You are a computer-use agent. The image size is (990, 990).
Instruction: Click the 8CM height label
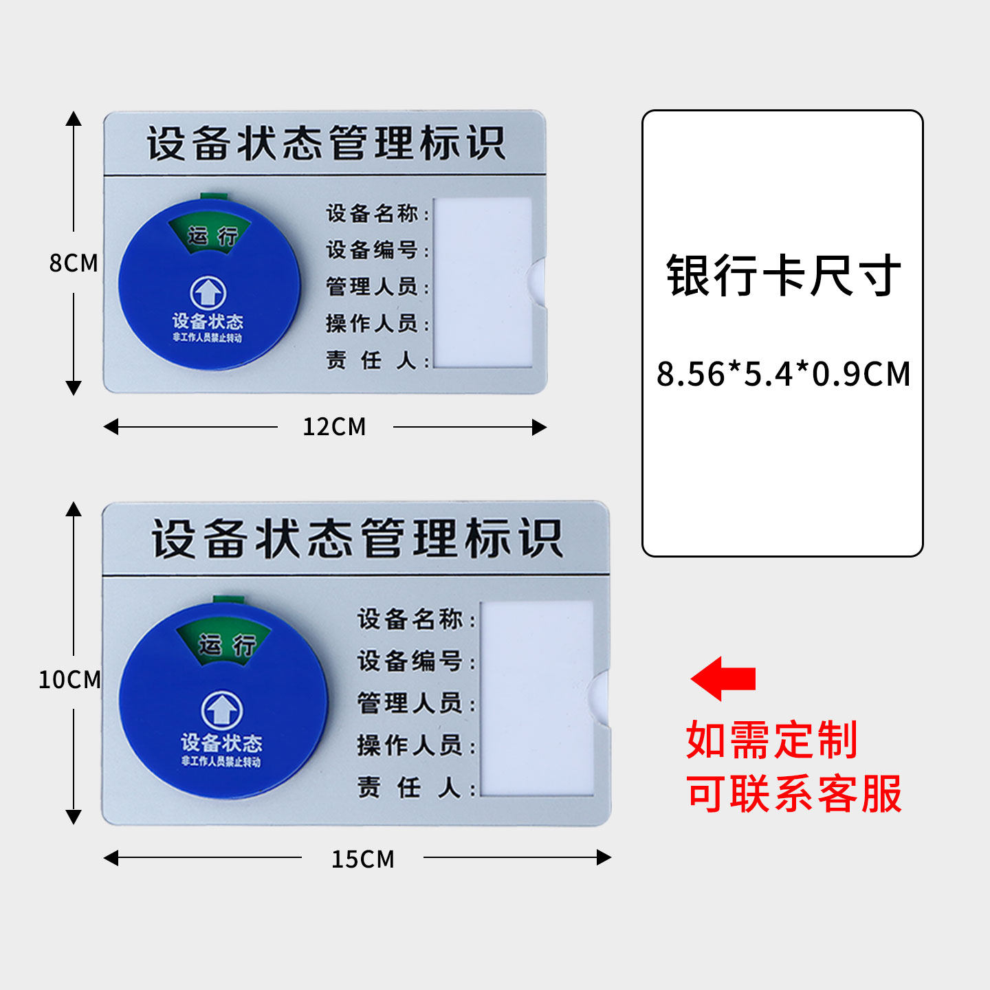click(x=74, y=263)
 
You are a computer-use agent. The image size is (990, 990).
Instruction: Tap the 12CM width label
click(x=334, y=427)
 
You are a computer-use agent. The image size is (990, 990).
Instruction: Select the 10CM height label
click(x=69, y=679)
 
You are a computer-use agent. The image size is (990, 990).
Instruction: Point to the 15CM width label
click(x=363, y=859)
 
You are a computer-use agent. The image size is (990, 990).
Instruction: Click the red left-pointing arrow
click(x=723, y=679)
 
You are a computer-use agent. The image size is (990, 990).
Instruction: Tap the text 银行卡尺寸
click(x=783, y=276)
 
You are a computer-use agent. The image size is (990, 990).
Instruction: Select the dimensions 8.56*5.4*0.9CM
click(x=783, y=375)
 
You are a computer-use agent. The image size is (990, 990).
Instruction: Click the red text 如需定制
click(x=771, y=740)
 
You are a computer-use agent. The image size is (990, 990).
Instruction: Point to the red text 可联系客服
click(x=794, y=794)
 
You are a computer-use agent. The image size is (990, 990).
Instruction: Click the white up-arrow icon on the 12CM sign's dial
click(x=208, y=294)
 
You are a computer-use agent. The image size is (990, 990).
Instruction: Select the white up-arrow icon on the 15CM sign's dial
click(x=221, y=709)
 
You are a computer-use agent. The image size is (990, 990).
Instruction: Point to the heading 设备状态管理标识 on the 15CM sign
click(x=357, y=538)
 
